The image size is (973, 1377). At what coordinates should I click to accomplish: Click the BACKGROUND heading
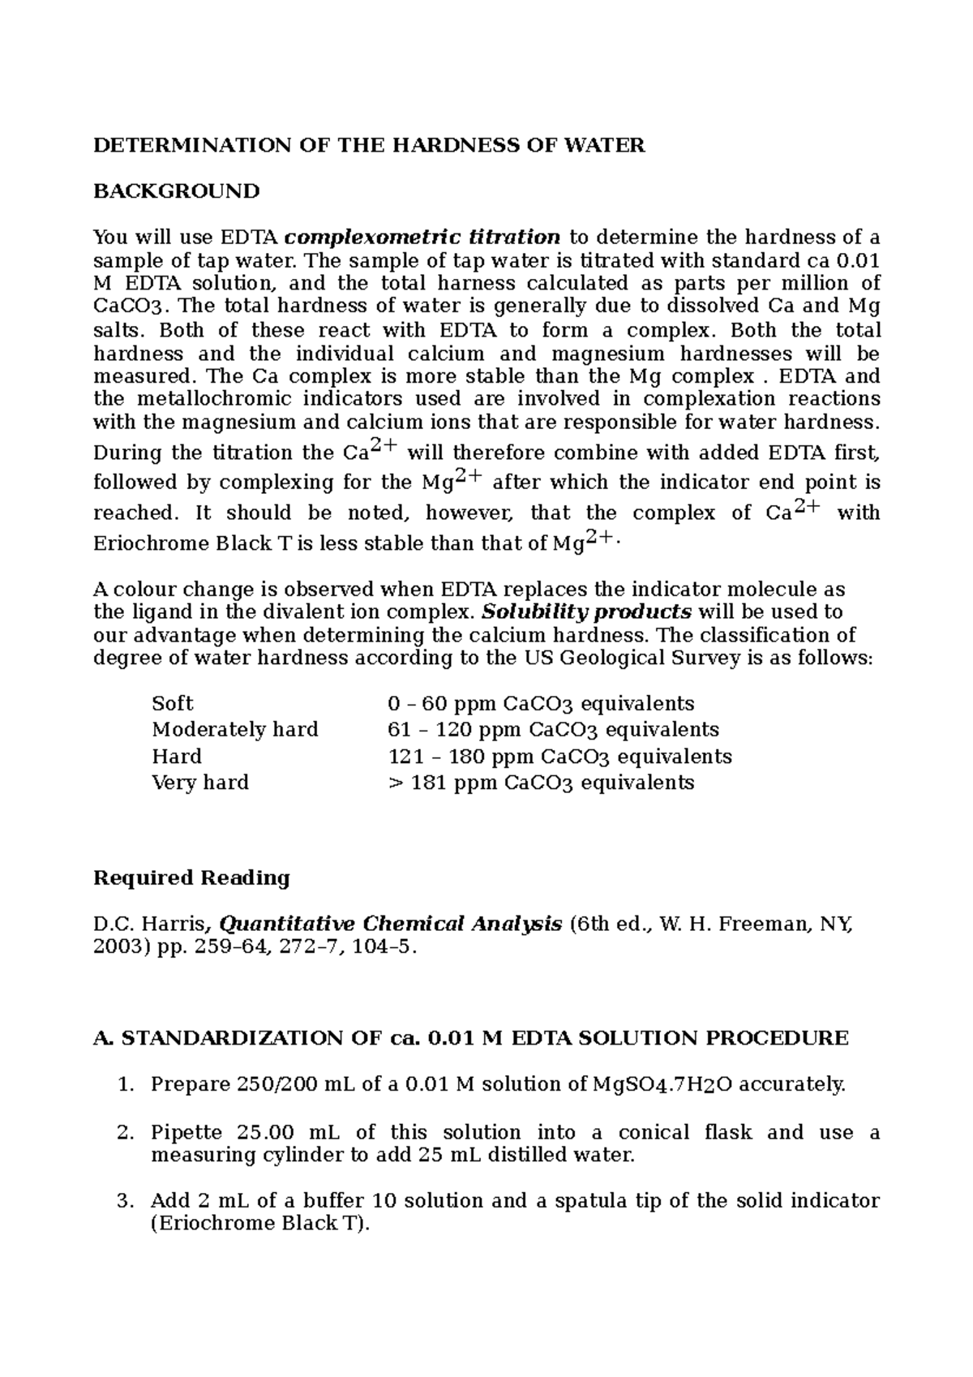tap(176, 191)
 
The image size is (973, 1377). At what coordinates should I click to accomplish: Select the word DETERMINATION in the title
tap(191, 146)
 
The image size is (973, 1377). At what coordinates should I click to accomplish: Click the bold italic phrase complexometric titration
tap(422, 238)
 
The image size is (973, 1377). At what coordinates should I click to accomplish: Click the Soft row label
tap(172, 703)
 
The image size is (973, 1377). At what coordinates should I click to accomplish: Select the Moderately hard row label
tap(235, 730)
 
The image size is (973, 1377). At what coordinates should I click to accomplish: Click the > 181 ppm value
tap(440, 783)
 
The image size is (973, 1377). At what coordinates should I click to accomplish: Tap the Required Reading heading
tap(191, 878)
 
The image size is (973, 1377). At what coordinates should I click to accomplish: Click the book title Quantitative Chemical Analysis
tap(391, 924)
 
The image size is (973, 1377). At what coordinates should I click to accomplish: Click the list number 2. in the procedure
tap(124, 1132)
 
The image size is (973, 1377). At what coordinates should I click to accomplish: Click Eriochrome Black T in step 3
tap(259, 1224)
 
